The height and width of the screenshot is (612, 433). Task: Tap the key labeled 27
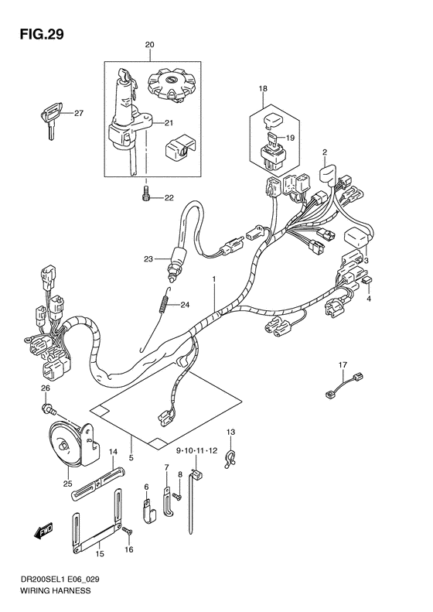point(47,120)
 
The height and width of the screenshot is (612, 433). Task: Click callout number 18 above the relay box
point(263,90)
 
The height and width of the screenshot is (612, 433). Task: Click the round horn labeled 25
point(69,448)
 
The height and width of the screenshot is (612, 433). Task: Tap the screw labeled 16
point(128,531)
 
